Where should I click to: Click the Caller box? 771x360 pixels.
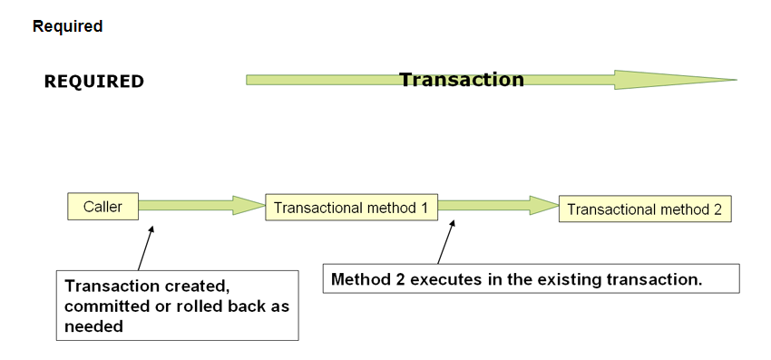click(x=102, y=206)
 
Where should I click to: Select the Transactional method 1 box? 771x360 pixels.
click(x=350, y=207)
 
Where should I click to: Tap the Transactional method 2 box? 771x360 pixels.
click(x=644, y=209)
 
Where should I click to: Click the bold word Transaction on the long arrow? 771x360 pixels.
click(x=462, y=80)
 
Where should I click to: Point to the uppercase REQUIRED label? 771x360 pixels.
click(x=94, y=82)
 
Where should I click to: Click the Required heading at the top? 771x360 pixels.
click(x=67, y=26)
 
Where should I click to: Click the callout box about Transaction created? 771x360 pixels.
click(x=177, y=305)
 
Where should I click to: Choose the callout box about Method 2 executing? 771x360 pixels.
click(x=531, y=278)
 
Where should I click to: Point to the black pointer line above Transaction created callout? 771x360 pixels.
click(x=145, y=247)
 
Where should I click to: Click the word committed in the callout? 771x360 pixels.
click(x=102, y=306)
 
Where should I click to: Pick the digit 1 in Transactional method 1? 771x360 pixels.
click(x=423, y=207)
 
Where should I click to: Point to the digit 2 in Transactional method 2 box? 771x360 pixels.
click(x=717, y=209)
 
